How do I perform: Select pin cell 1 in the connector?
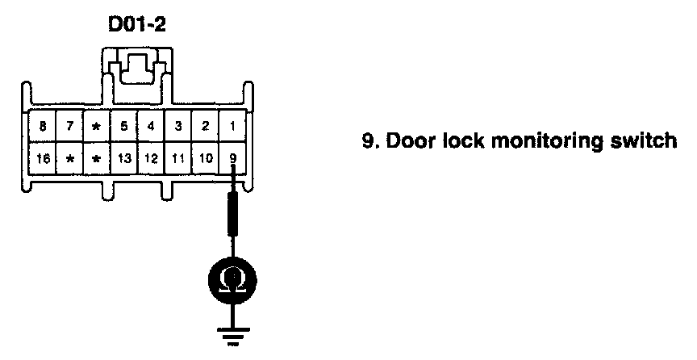[233, 126]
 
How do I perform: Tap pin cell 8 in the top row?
[42, 126]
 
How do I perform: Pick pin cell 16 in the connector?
[42, 158]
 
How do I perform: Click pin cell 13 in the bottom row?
[123, 158]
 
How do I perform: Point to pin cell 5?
[123, 126]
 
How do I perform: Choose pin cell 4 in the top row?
[151, 126]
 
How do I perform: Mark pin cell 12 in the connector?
[151, 158]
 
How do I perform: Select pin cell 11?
[178, 158]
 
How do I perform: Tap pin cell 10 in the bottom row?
[206, 158]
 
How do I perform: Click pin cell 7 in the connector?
[69, 126]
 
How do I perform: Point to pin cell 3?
[178, 126]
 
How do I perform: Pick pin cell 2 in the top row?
[206, 126]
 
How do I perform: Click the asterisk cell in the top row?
[97, 127]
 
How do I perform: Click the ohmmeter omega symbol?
[232, 279]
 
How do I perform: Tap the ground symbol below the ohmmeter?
[232, 334]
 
